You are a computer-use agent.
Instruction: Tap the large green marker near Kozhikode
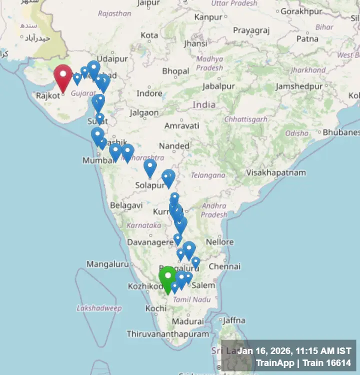(x=167, y=278)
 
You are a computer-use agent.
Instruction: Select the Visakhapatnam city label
(x=275, y=172)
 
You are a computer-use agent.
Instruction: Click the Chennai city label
(x=224, y=266)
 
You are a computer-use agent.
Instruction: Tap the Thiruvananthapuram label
(x=167, y=333)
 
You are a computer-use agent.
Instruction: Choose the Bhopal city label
(x=175, y=71)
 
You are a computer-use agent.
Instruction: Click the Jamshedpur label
(x=299, y=86)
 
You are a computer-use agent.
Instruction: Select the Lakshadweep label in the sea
(x=99, y=308)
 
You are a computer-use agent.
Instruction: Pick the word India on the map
(x=204, y=104)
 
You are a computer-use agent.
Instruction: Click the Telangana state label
(x=207, y=175)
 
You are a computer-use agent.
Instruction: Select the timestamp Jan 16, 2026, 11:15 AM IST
(x=294, y=351)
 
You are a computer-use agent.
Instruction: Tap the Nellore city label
(x=220, y=242)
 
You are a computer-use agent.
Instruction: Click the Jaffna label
(x=234, y=320)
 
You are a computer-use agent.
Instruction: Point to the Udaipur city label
(x=112, y=58)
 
